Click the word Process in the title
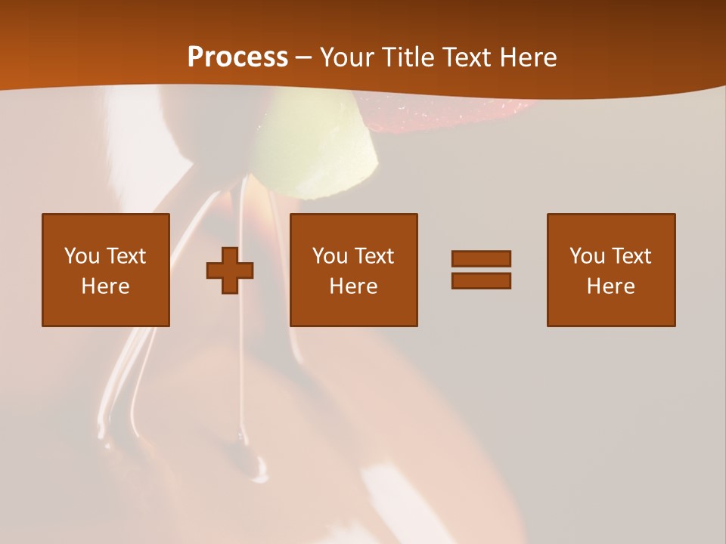click(237, 57)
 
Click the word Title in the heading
click(408, 57)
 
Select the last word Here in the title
click(527, 57)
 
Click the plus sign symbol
click(230, 270)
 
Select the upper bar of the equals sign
click(481, 258)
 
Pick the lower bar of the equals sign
click(481, 280)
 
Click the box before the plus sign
click(106, 270)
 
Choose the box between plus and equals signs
click(354, 270)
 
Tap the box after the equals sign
click(611, 270)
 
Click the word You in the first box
click(82, 256)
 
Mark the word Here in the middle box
click(354, 286)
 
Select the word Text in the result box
click(631, 256)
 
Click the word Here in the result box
click(611, 286)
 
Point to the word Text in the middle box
click(374, 256)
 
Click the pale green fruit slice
click(318, 147)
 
